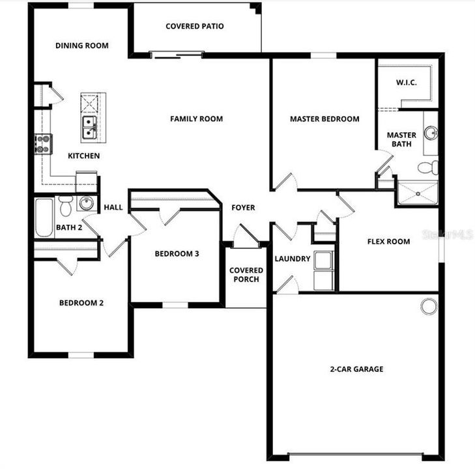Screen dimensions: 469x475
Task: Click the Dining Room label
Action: coord(81,46)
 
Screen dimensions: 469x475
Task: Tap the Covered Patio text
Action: coord(194,27)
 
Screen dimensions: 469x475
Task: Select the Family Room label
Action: coord(196,119)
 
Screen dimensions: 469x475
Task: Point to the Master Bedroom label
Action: coord(324,119)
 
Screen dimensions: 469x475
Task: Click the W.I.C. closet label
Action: coord(406,83)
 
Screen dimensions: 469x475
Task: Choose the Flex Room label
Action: coord(388,242)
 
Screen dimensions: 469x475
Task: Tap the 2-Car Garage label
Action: coord(356,369)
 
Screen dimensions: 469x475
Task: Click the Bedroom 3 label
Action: coord(177,254)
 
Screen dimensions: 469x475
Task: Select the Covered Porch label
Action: coord(246,274)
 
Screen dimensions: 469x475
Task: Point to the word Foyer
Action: coord(243,208)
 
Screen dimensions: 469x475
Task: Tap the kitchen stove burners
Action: coord(43,144)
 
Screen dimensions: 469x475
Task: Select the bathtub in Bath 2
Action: coord(44,217)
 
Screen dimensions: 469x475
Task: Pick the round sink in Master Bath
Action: coord(431,134)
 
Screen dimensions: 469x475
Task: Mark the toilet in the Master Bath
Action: coord(428,167)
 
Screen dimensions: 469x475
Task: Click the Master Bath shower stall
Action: coord(417,193)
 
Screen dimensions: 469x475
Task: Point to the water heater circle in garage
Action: coord(428,306)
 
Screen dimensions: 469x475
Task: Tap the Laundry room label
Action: coord(292,259)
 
